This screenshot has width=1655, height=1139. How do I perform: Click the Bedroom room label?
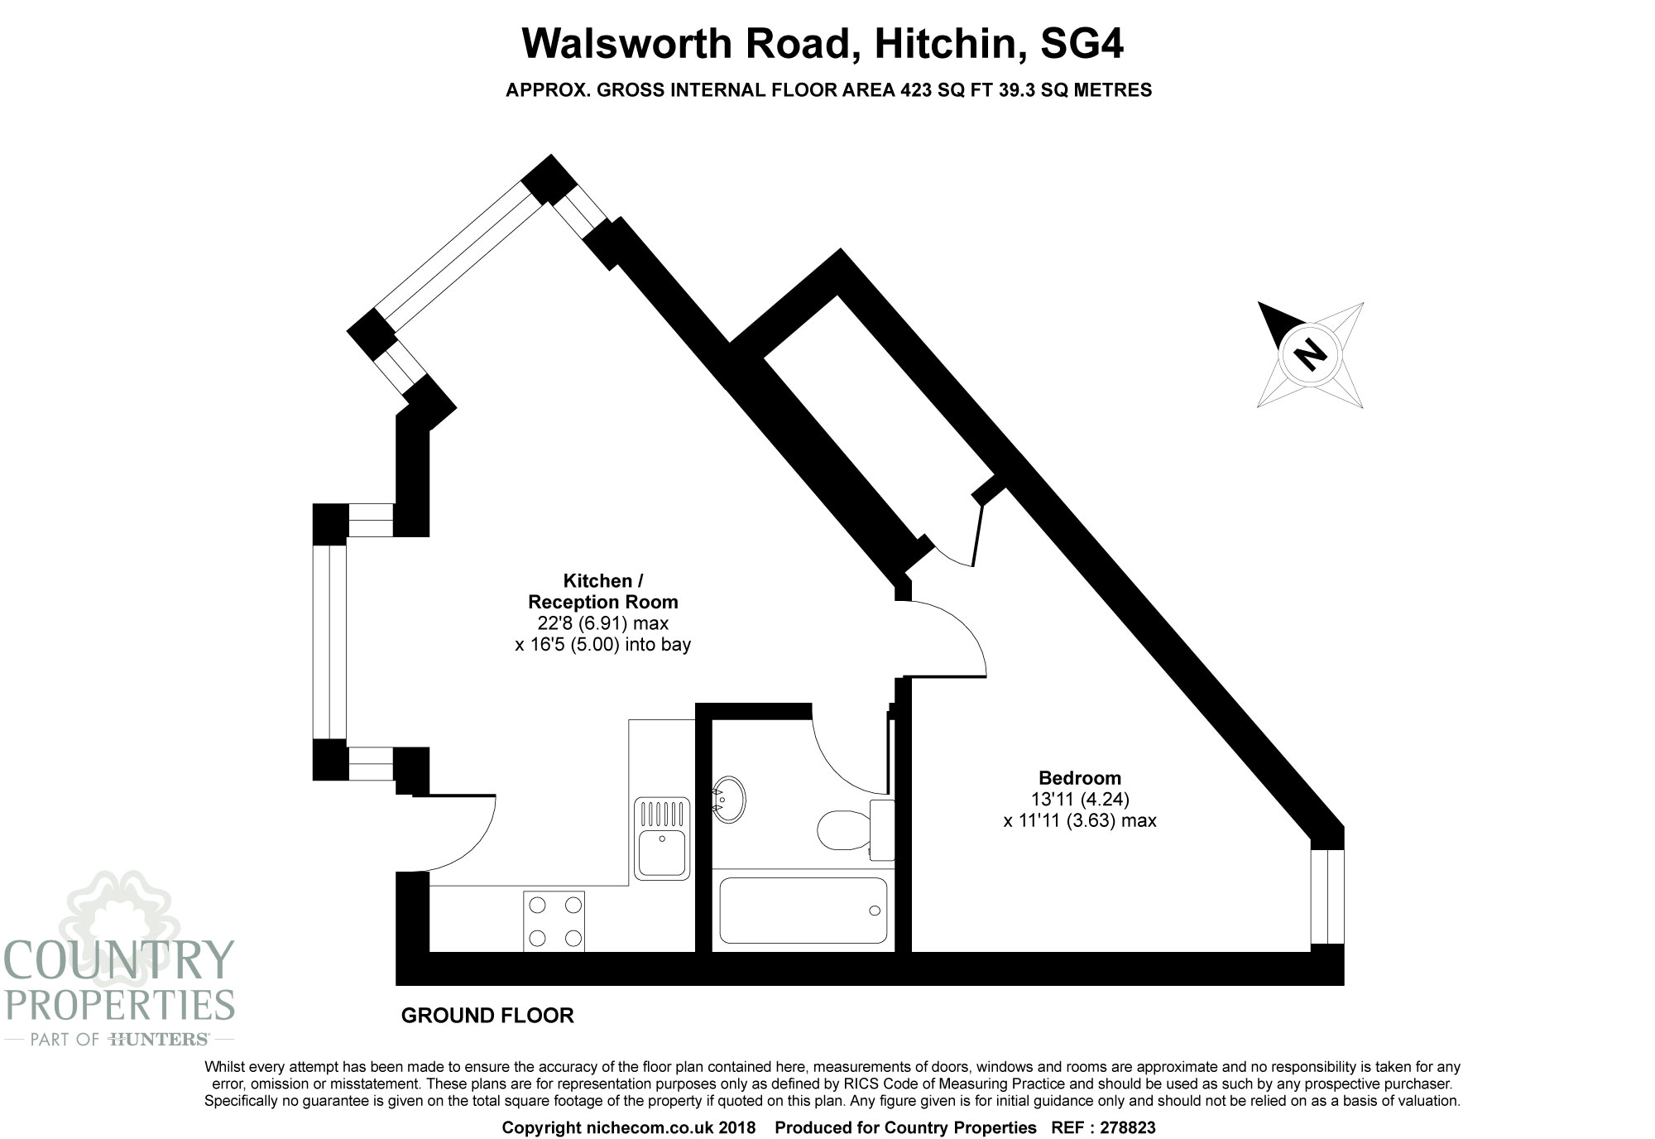coord(1080,778)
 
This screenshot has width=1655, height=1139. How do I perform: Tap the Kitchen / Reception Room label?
coord(603,591)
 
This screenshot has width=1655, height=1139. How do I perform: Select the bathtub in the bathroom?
coord(803,911)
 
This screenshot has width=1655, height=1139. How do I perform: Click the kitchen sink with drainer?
coord(662,837)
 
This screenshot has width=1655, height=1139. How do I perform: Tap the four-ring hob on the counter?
coord(554,920)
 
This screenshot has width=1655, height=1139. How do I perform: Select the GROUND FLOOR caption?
coord(487,1016)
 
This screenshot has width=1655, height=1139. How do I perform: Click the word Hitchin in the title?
coord(944,43)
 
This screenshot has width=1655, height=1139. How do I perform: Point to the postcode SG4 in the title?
coord(1082,43)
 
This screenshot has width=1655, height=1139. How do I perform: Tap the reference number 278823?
coord(1128,1127)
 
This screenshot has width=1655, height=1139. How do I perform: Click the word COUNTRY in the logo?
coord(120,959)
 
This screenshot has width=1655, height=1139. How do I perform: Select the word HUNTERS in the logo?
coord(158,1040)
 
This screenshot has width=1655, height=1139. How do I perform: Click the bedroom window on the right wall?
coord(1327,896)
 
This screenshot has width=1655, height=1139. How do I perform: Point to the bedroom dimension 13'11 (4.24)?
coord(1080,800)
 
